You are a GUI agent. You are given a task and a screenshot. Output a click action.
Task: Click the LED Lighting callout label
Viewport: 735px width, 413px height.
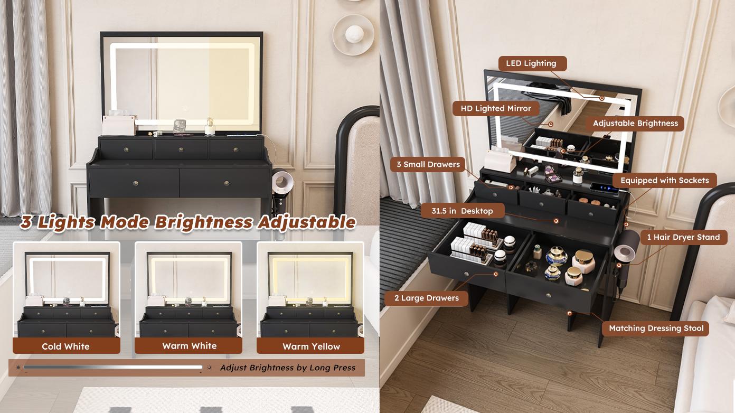[x=532, y=63]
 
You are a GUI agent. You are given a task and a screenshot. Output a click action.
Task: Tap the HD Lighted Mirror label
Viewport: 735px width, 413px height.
[x=496, y=109]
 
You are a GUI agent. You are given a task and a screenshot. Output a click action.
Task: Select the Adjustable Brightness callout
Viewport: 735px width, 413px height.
[x=635, y=124]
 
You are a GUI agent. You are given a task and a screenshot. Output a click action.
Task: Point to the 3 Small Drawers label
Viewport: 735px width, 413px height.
[x=428, y=165]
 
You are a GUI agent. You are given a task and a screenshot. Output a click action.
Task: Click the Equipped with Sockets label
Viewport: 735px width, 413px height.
[x=664, y=181]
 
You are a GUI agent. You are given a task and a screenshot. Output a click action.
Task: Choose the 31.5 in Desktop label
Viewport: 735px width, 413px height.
[x=462, y=211]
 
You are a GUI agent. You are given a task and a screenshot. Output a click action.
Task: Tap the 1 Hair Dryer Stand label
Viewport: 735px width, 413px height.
[x=683, y=238]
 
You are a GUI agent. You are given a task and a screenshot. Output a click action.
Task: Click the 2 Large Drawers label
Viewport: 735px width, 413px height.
[x=426, y=298]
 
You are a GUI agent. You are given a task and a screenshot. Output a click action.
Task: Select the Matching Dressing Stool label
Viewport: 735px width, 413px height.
[x=656, y=328]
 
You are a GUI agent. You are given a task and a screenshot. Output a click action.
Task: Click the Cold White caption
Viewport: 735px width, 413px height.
[x=66, y=346]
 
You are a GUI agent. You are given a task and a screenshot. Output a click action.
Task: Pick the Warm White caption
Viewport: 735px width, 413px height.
[x=189, y=346]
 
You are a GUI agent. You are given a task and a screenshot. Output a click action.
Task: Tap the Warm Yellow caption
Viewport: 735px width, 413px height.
[x=311, y=346]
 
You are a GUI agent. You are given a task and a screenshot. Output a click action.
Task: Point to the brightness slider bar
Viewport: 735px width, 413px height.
[x=113, y=367]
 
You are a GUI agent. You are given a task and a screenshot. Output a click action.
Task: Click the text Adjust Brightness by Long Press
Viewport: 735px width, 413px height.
[x=288, y=368]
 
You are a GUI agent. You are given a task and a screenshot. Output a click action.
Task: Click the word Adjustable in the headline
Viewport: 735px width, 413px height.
[x=306, y=222]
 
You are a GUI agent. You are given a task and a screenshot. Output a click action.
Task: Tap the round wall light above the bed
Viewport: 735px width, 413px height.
[x=353, y=35]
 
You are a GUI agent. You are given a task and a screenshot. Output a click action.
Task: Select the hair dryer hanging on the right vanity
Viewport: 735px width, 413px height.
[x=623, y=251]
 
